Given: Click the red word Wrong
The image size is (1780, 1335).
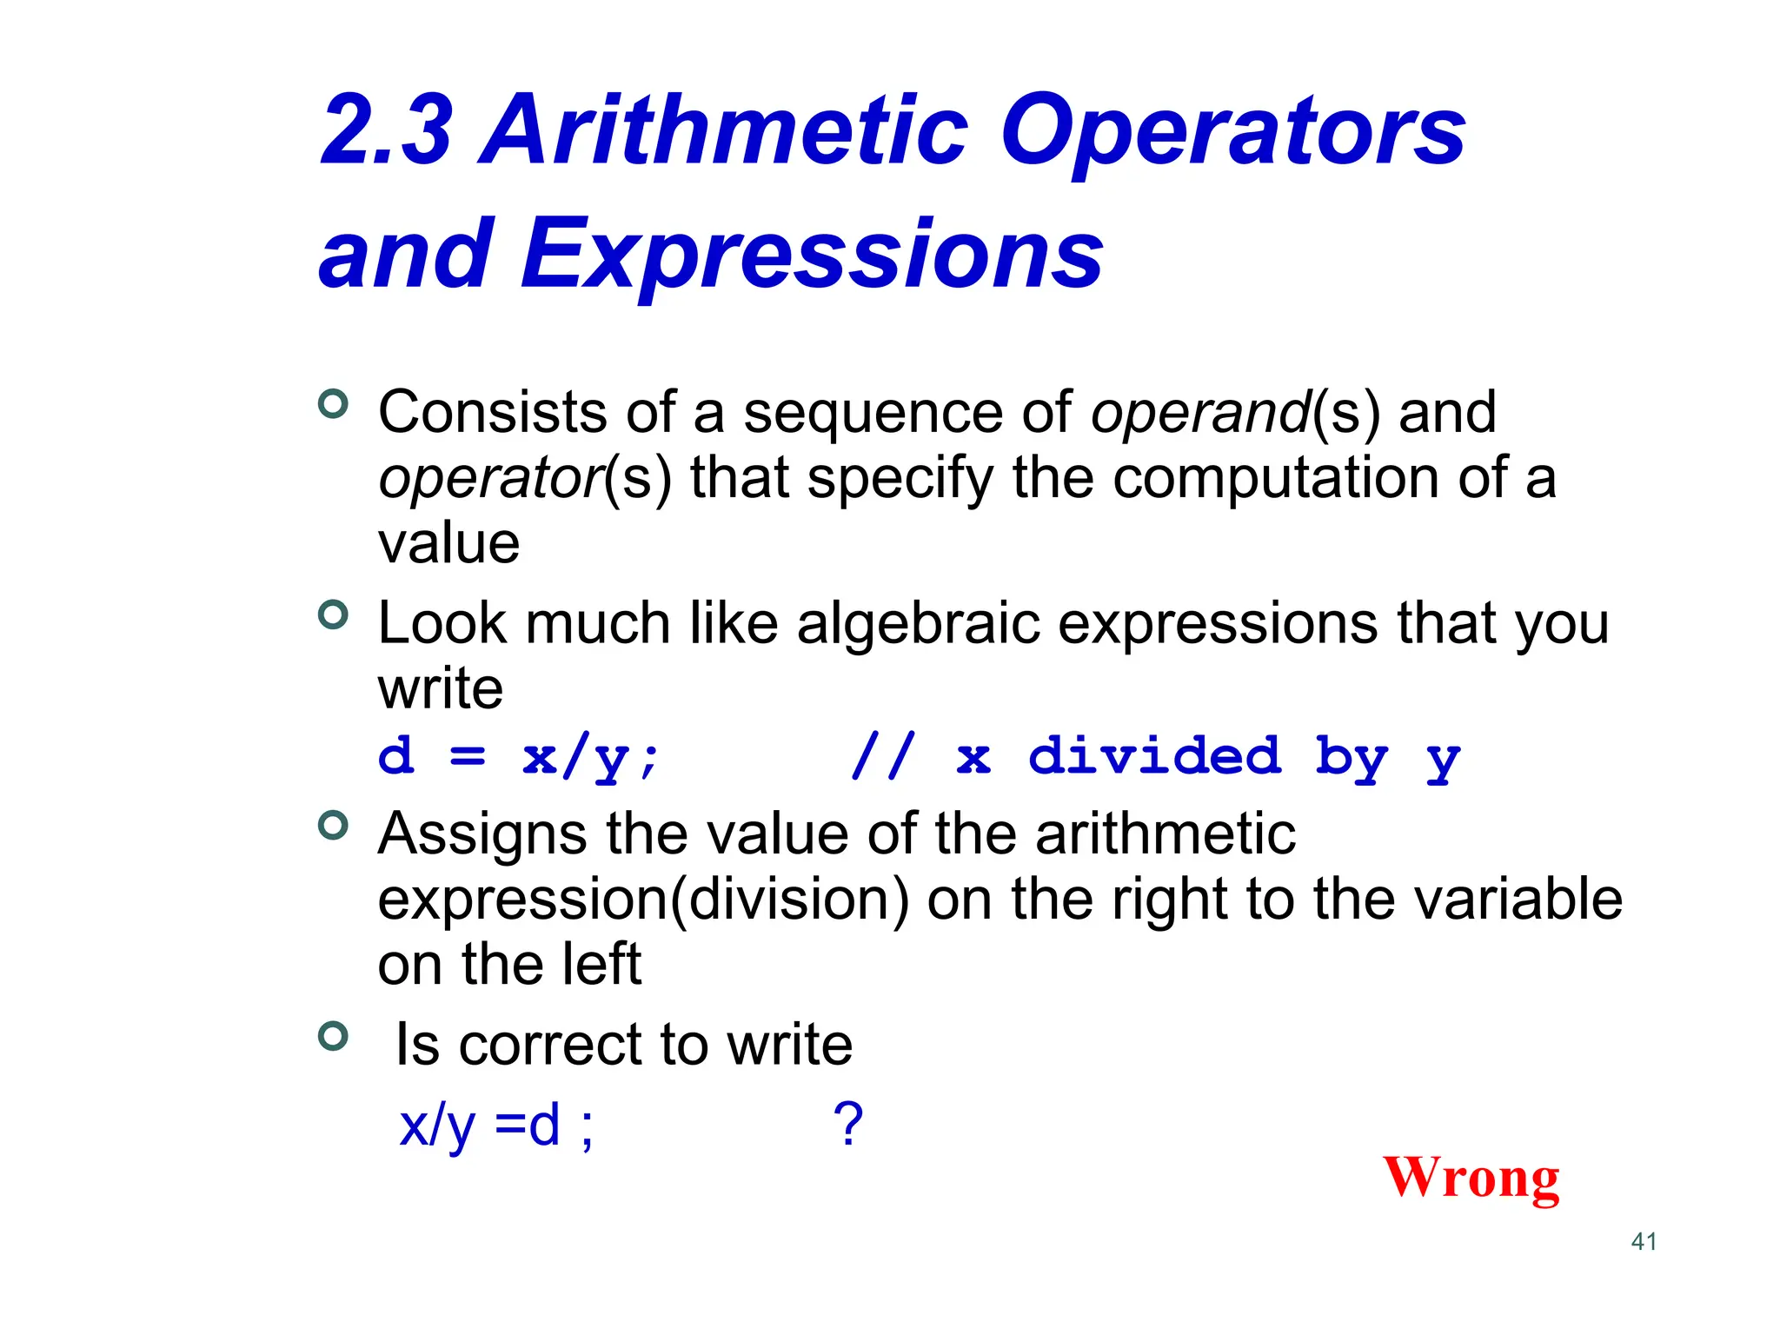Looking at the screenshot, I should click(1471, 1178).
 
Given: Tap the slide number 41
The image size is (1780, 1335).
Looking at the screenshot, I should click(1644, 1241).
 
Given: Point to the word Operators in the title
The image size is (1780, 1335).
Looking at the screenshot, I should click(1233, 132).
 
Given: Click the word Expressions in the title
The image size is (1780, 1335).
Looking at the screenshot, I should click(811, 255).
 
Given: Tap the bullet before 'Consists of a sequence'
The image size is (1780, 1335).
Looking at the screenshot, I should click(333, 403).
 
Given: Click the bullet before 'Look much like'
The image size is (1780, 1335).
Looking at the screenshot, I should click(333, 614).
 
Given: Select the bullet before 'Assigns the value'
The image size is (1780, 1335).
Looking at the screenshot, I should click(333, 825).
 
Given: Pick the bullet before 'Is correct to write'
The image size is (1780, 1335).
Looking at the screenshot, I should click(333, 1035).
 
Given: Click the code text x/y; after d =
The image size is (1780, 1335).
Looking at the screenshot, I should click(591, 757).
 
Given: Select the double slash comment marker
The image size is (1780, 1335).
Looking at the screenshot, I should click(883, 755).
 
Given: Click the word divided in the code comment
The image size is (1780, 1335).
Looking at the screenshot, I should click(1154, 755).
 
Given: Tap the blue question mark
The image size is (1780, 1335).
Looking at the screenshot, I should click(847, 1124).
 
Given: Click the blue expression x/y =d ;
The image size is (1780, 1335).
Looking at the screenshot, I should click(496, 1126).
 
